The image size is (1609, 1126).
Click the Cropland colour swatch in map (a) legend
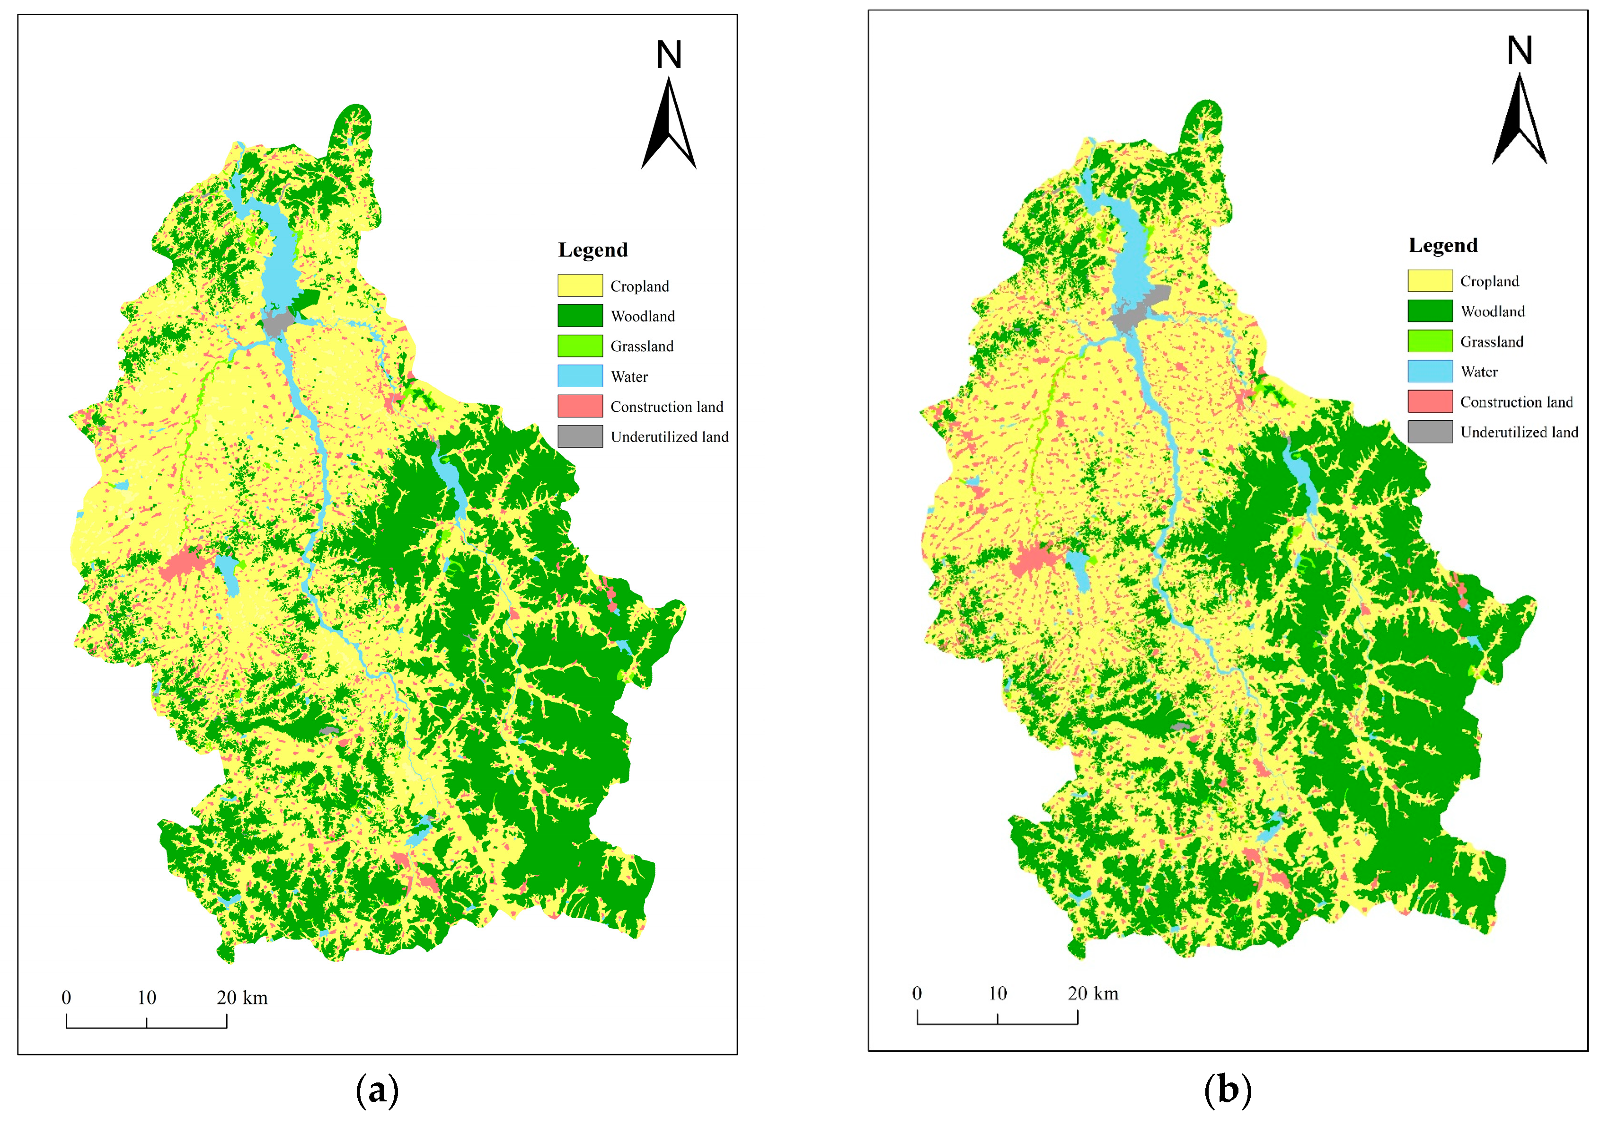pos(580,285)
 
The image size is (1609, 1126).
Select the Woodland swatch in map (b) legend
pos(1430,310)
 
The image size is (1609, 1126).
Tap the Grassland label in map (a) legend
pos(641,346)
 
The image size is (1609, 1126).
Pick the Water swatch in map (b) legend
pos(1430,372)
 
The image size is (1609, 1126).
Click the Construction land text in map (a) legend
pos(666,407)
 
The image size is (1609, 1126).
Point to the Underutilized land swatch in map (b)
pos(1430,432)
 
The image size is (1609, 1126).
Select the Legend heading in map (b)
pos(1443,245)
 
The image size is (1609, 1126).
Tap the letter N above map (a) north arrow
pos(669,54)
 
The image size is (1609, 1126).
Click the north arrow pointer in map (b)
pos(1519,119)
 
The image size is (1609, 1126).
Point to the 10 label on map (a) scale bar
pos(146,998)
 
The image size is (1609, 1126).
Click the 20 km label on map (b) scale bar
pos(1093,993)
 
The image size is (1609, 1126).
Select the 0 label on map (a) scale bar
pos(67,998)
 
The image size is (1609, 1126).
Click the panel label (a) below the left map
pos(377,1091)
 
